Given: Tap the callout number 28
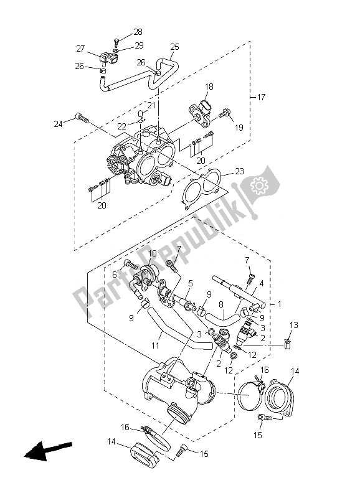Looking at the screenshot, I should pos(138,32).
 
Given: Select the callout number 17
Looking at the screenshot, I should pos(261,98).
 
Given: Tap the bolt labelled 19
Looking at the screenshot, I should pos(225,113).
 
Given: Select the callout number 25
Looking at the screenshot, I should pos(174,47).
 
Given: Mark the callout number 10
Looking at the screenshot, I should pos(135,253).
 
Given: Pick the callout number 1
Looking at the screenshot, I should pos(280,304).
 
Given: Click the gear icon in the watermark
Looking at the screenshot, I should pos(257,184).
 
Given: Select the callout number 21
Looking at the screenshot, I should pos(151,105).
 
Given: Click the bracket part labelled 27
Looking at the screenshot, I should pos(107,59).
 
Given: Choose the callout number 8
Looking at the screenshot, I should pos(220,304).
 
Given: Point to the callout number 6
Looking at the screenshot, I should pos(115,275).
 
